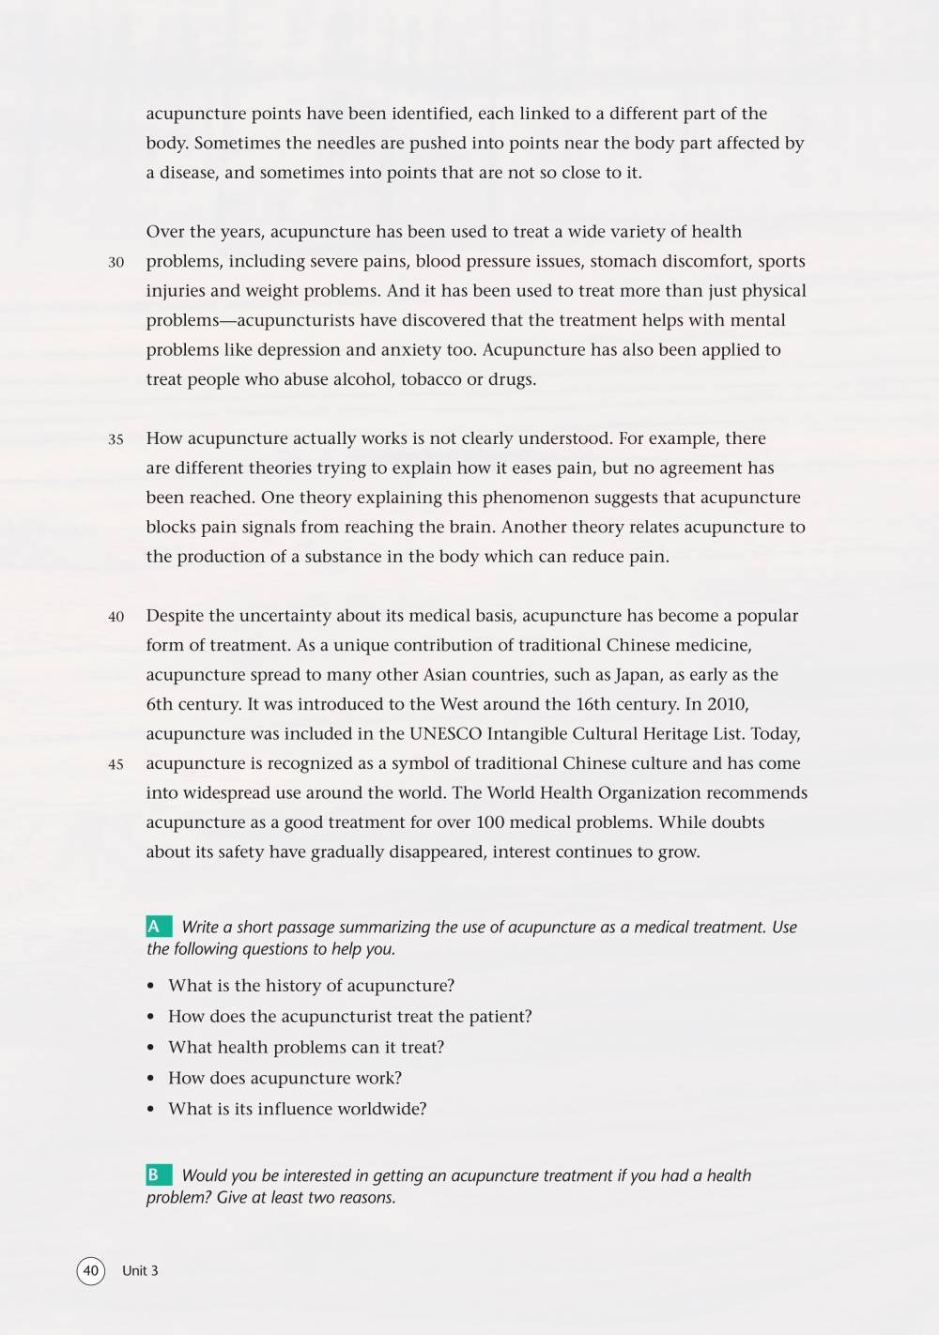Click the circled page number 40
click(90, 1271)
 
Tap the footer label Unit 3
click(140, 1271)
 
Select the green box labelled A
click(158, 928)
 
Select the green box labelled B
click(158, 1175)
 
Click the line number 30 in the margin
click(115, 263)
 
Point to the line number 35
click(115, 439)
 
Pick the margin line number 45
click(115, 765)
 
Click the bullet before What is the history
click(151, 987)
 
